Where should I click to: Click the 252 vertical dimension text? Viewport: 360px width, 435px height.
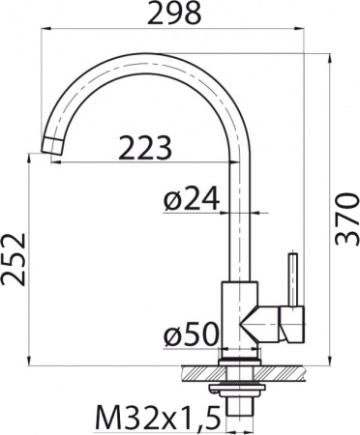(x=15, y=260)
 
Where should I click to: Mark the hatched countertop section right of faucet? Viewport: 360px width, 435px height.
(x=286, y=370)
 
